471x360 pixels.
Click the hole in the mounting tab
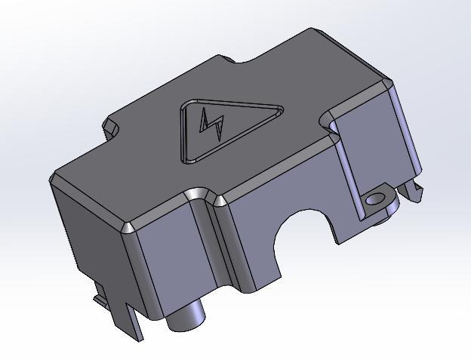coord(374,200)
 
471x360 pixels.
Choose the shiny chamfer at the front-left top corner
coord(128,228)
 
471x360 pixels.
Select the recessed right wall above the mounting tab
coord(370,151)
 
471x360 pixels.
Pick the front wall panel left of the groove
coord(170,264)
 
